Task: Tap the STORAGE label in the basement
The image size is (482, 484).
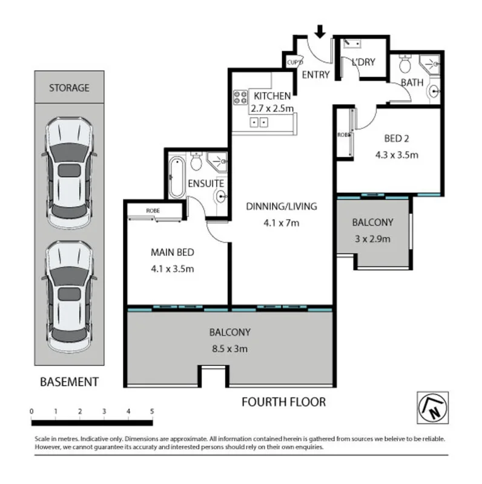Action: pyautogui.click(x=69, y=88)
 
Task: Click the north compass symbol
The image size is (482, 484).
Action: pyautogui.click(x=432, y=405)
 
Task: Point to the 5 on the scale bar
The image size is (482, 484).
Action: pyautogui.click(x=152, y=411)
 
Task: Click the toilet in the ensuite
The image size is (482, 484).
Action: pyautogui.click(x=196, y=162)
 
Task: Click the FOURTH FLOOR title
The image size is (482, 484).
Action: pyautogui.click(x=283, y=402)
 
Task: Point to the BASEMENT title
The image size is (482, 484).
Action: pyautogui.click(x=68, y=382)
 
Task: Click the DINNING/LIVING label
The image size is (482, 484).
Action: pyautogui.click(x=281, y=206)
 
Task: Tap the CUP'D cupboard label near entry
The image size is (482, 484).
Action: pyautogui.click(x=294, y=62)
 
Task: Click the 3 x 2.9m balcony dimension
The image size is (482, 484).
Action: pyautogui.click(x=372, y=238)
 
